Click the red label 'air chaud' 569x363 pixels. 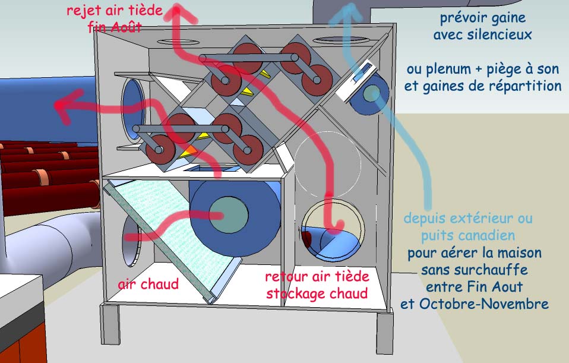click(148, 284)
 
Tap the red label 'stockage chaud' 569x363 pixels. click(317, 293)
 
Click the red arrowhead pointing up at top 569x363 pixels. click(176, 11)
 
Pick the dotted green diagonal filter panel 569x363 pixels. click(172, 238)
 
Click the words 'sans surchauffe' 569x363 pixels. click(475, 270)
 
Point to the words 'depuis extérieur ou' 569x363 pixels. click(468, 219)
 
